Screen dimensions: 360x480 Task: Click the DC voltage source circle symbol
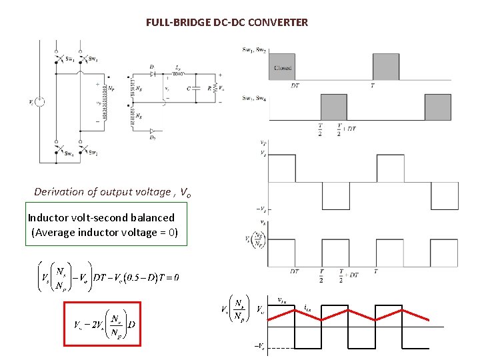(x=40, y=102)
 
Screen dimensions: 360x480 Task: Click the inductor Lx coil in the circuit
(x=178, y=73)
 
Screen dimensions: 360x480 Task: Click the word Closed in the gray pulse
(x=282, y=68)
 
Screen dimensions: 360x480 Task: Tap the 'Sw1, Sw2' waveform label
(x=254, y=50)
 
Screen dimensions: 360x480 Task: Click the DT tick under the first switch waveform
(x=295, y=85)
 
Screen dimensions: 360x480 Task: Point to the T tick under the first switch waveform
(x=373, y=85)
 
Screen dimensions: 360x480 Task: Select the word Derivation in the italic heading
(x=65, y=192)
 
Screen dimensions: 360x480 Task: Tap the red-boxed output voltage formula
(x=103, y=325)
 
